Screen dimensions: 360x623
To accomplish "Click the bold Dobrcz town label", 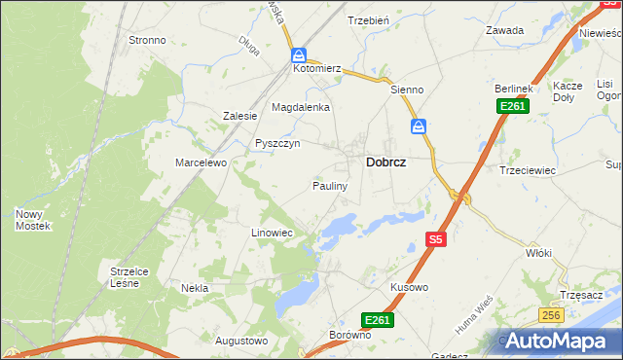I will click(x=385, y=164).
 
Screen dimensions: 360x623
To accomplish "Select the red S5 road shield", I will click(x=436, y=238).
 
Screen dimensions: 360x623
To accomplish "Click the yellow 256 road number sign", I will click(x=552, y=314).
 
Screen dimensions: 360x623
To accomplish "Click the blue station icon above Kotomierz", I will click(x=299, y=55).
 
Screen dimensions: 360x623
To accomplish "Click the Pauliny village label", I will click(x=330, y=185).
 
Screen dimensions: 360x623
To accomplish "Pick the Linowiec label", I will click(x=272, y=234).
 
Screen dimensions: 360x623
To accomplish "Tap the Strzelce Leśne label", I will click(x=128, y=277).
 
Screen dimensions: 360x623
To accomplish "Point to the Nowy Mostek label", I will click(x=32, y=220).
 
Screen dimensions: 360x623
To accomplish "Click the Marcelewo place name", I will click(x=201, y=162).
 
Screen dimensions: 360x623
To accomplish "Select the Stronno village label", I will click(x=147, y=41).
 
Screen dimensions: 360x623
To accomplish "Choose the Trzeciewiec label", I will click(x=527, y=169).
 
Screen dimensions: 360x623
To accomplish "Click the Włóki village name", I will click(x=538, y=253).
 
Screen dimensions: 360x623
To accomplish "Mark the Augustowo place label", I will click(x=240, y=341).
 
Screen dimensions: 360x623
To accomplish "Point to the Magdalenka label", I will click(x=301, y=107).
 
